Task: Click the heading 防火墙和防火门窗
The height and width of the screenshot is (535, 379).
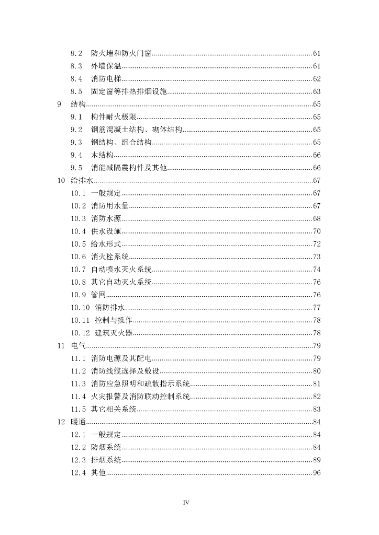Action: pos(121,53)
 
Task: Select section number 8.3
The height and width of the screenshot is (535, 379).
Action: pos(76,66)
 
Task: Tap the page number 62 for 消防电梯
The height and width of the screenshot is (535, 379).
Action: pos(316,79)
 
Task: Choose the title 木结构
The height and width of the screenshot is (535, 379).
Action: pos(102,155)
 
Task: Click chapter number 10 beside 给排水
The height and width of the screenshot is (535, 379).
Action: pos(61,181)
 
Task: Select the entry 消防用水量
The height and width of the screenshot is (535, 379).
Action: pos(109,206)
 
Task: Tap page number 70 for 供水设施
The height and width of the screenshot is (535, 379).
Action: pos(316,231)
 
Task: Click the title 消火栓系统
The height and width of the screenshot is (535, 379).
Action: pos(109,257)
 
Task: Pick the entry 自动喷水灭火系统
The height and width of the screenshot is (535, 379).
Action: pos(121,270)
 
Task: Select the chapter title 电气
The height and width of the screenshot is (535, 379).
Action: pos(78,345)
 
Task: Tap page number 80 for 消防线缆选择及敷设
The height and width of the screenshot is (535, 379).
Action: pos(316,371)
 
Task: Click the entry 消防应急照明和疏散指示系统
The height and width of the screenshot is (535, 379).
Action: pos(140,383)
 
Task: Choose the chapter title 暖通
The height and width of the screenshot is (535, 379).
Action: pos(78,422)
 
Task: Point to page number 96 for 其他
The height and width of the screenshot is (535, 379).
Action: pos(316,472)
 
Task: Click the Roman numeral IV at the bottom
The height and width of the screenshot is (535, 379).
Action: pos(186,503)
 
